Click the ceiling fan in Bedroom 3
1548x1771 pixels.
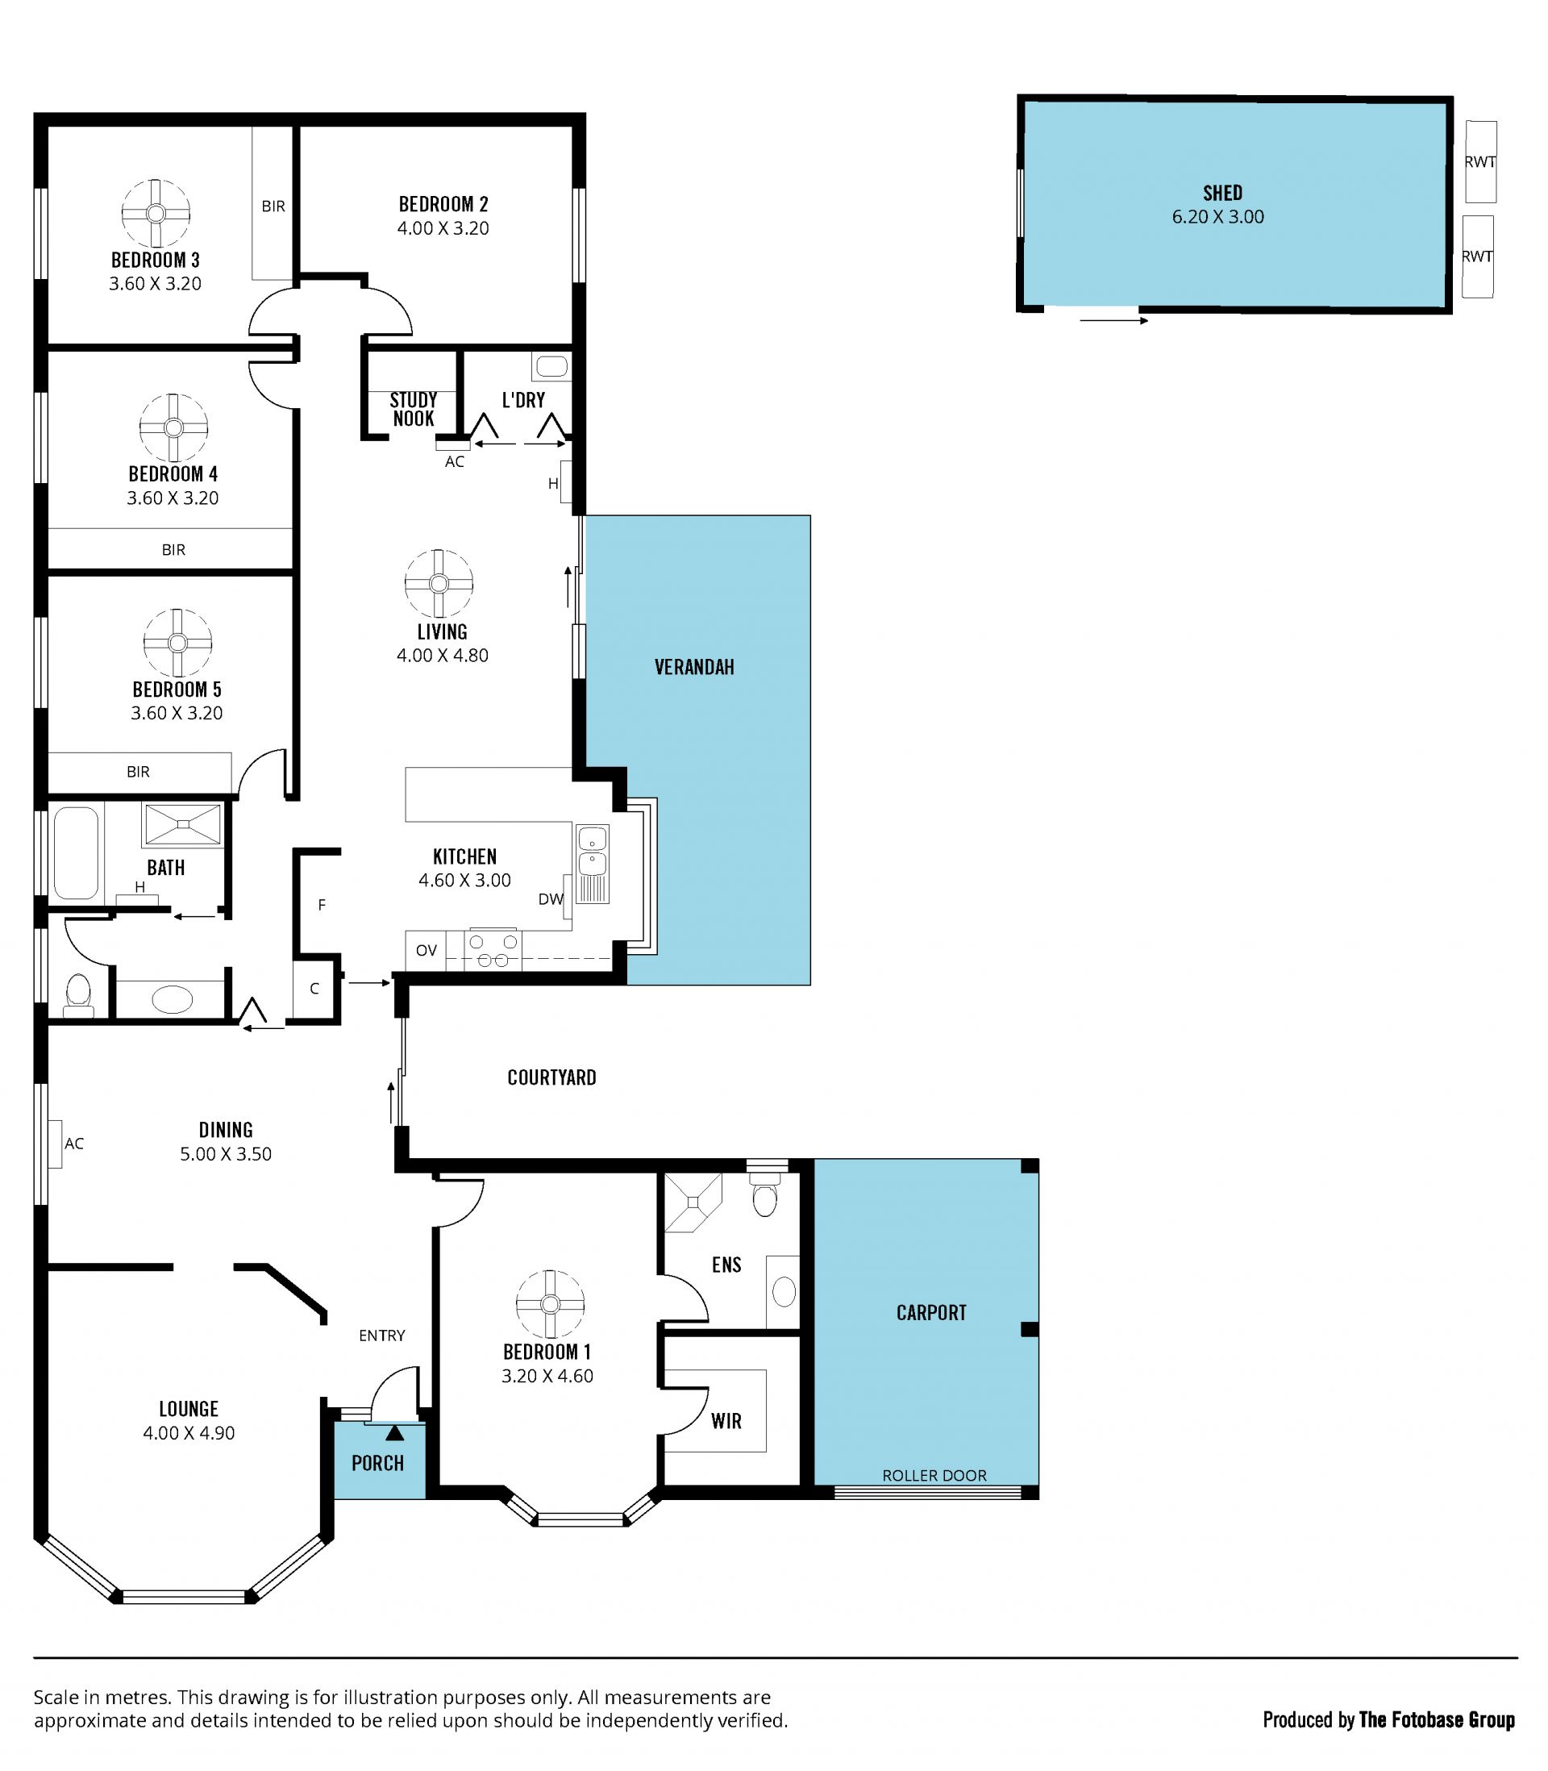[x=156, y=214]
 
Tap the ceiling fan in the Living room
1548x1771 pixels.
[x=439, y=584]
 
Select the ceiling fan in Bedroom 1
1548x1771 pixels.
[x=550, y=1305]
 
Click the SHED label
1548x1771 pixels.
[x=1223, y=193]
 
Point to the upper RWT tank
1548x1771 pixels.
[x=1480, y=161]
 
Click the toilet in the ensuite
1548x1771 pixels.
[x=765, y=1196]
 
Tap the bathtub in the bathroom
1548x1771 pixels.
[x=76, y=853]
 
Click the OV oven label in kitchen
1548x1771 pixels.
[x=426, y=950]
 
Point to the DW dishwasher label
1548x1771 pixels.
[x=550, y=899]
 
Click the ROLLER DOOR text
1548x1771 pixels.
[x=934, y=1476]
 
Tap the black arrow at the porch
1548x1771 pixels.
[x=395, y=1433]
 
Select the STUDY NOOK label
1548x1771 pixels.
[x=414, y=410]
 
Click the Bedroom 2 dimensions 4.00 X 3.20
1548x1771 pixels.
[x=443, y=229]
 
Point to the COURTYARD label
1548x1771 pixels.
[x=552, y=1077]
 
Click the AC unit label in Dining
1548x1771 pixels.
[x=74, y=1144]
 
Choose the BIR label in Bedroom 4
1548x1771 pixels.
[x=173, y=549]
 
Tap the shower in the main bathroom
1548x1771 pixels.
[x=183, y=824]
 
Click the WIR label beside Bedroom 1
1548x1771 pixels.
[x=726, y=1421]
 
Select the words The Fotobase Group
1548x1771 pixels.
[x=1437, y=1720]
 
